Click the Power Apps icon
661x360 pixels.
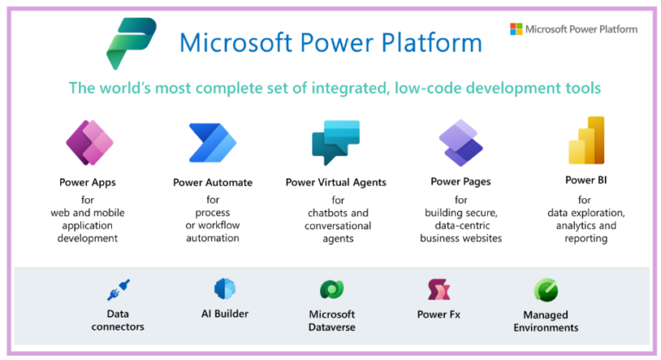pos(90,143)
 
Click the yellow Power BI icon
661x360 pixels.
pos(586,140)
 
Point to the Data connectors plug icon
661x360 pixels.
pos(118,289)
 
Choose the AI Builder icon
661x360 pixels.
pos(225,289)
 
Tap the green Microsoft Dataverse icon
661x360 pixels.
pos(331,289)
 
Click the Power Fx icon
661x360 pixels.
pos(439,289)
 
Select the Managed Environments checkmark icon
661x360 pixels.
pos(546,289)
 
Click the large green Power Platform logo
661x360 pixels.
pos(131,44)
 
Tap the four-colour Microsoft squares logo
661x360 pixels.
pos(516,29)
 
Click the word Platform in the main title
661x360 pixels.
pos(433,42)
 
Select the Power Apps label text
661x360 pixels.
pos(88,183)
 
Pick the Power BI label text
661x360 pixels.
pos(587,181)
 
